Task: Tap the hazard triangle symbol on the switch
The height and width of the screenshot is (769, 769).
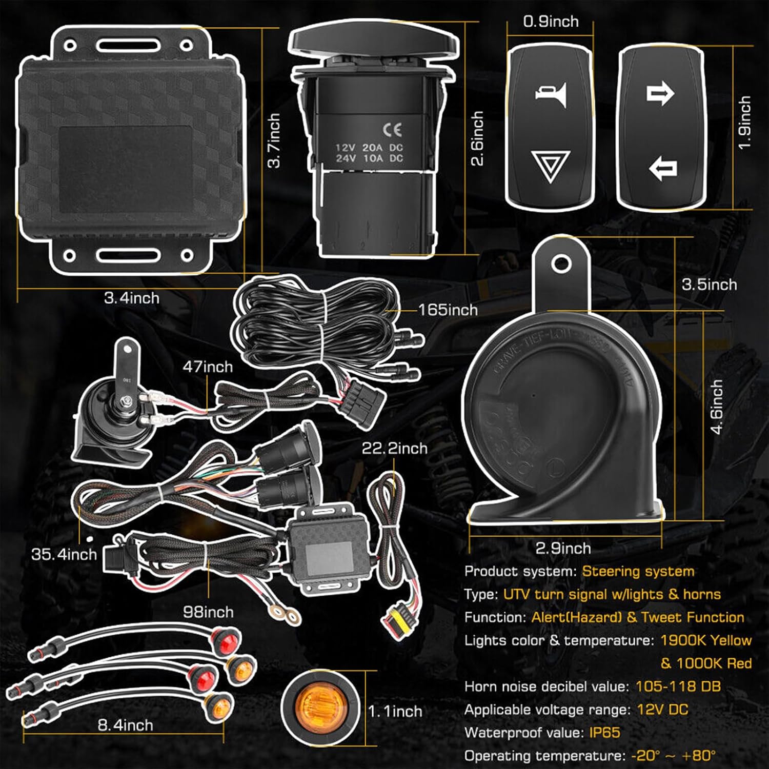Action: (x=551, y=166)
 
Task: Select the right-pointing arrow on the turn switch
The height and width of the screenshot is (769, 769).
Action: (x=660, y=94)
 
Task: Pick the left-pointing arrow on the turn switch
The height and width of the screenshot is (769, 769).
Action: (x=663, y=168)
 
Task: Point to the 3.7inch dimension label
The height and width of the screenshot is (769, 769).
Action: (x=274, y=140)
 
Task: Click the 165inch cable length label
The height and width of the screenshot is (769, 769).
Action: (x=448, y=310)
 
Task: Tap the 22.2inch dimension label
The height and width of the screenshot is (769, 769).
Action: (x=394, y=448)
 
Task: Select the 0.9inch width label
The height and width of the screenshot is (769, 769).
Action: (x=551, y=22)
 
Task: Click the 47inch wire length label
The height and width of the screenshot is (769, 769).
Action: (x=208, y=367)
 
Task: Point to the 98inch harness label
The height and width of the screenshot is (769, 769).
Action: (x=208, y=612)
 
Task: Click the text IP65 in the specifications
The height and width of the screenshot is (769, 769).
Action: (x=604, y=732)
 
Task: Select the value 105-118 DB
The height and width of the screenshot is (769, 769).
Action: (x=678, y=686)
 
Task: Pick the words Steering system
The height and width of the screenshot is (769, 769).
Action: (x=638, y=571)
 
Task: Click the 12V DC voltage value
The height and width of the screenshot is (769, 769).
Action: (x=662, y=710)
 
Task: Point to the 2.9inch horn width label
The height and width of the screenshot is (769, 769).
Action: (x=563, y=548)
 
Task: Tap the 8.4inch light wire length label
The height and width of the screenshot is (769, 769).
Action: (x=125, y=725)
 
